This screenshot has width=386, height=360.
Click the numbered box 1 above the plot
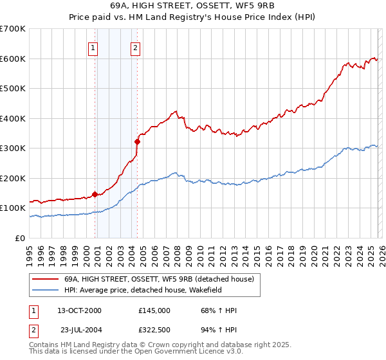(93, 47)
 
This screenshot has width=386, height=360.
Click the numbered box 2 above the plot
(136, 47)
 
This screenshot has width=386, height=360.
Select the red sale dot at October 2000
(95, 194)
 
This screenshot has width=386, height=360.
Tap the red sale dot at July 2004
(137, 141)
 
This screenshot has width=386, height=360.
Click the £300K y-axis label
(14, 148)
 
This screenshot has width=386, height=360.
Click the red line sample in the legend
(45, 279)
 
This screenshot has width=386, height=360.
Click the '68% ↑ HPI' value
(219, 310)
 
